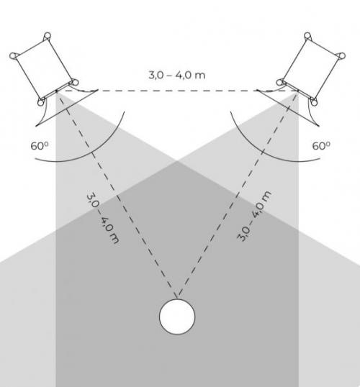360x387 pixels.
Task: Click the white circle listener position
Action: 177,317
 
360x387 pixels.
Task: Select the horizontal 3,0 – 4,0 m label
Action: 176,75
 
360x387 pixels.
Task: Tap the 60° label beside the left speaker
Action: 40,145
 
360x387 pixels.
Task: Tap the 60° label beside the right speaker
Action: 321,145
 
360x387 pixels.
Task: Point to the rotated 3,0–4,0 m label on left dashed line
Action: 103,219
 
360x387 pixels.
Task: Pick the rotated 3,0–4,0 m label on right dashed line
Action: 254,216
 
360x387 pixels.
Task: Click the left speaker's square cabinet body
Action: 43,69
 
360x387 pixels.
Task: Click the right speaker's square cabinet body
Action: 311,68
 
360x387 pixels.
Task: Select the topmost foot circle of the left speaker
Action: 48,35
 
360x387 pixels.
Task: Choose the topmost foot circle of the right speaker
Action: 307,35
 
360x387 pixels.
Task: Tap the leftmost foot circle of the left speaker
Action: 13,56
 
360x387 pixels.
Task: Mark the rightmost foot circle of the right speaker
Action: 342,56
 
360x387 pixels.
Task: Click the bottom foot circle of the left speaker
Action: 41,102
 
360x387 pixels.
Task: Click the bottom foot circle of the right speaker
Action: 314,102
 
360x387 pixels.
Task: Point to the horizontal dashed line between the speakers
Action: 177,91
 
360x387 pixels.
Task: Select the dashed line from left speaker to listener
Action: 117,193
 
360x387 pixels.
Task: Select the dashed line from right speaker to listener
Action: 238,193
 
